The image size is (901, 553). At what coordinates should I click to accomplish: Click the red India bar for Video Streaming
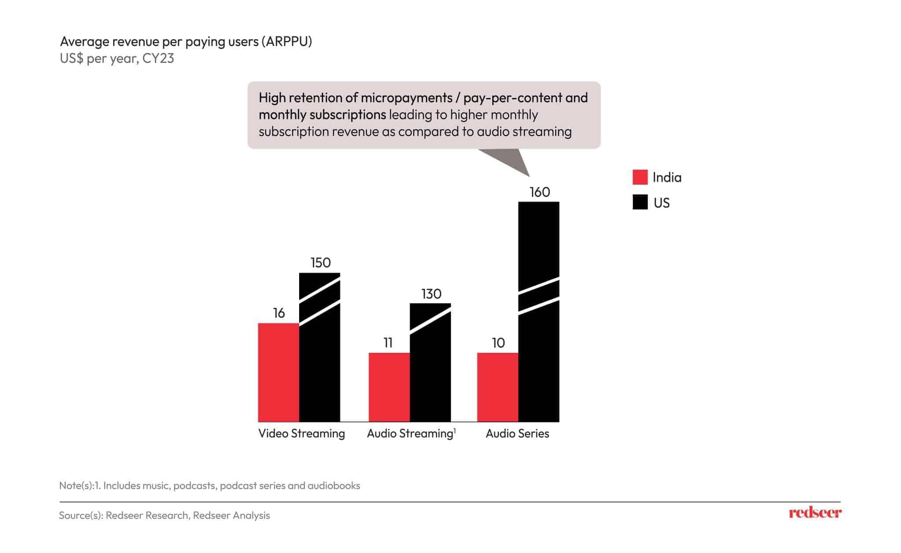tap(278, 373)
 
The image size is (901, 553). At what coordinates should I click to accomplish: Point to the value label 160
tap(540, 192)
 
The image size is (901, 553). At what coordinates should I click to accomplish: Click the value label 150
tap(320, 263)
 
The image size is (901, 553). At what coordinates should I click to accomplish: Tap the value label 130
tap(431, 294)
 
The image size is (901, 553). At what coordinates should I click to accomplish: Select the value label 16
tap(279, 313)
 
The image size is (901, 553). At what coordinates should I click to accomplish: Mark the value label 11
tap(388, 343)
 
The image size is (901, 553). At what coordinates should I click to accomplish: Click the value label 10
tap(498, 343)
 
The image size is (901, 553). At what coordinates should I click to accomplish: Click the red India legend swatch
tap(640, 177)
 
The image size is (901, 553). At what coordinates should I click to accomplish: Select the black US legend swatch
tap(640, 202)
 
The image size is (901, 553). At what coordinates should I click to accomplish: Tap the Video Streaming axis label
tap(301, 434)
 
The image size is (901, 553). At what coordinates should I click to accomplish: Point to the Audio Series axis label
tap(517, 434)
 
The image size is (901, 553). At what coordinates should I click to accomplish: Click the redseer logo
tap(815, 513)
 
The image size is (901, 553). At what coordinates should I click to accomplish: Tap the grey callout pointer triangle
tap(510, 161)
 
